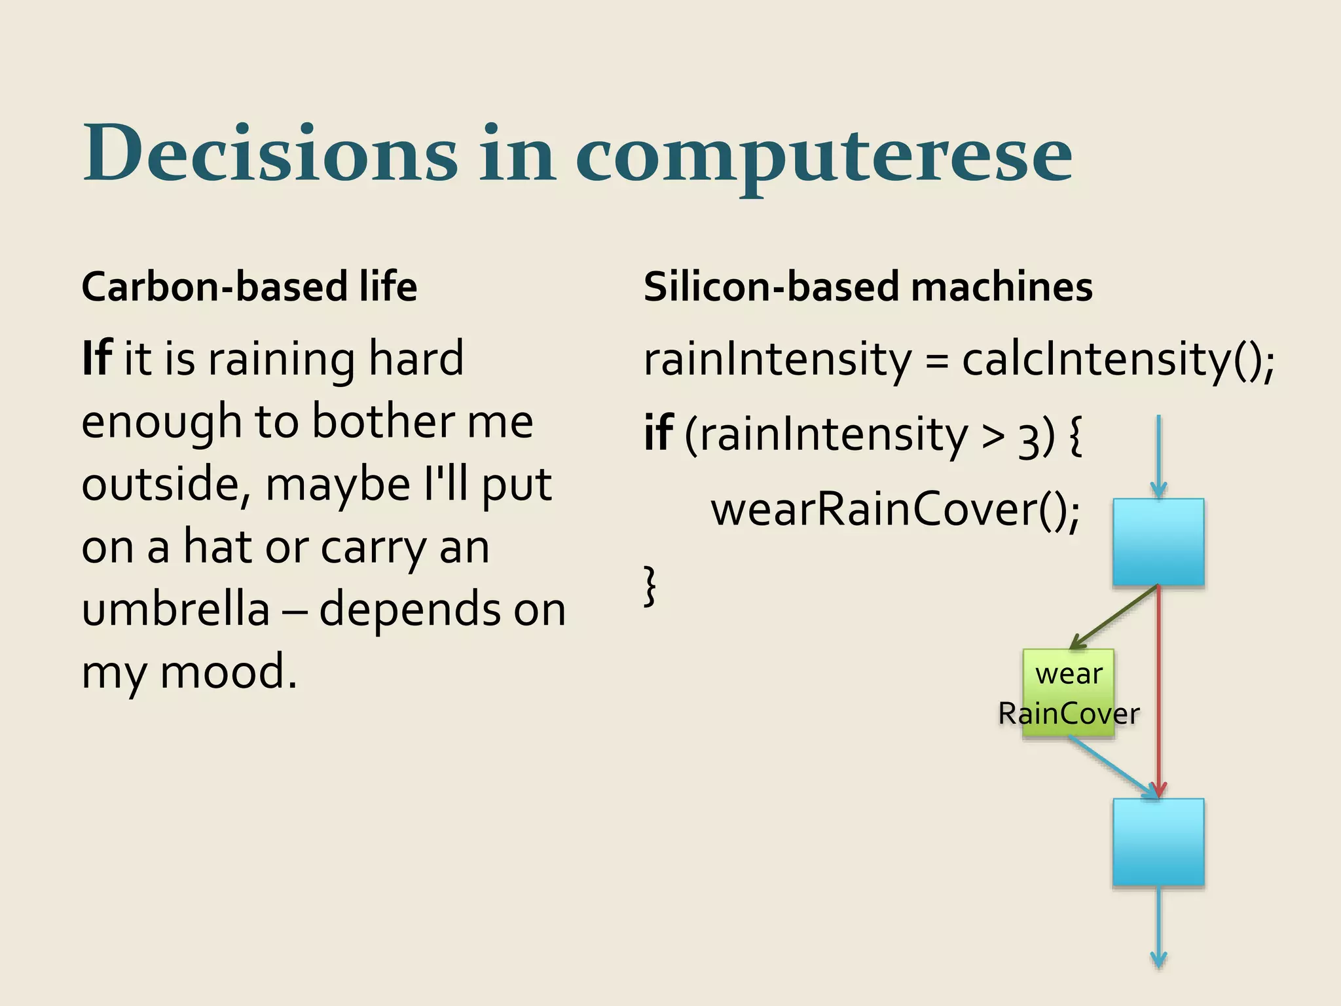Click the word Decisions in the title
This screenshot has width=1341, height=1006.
(x=270, y=154)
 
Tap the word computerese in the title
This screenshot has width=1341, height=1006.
(x=823, y=157)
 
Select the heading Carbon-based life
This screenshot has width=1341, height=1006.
(x=249, y=287)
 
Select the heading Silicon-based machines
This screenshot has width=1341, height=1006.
(x=868, y=287)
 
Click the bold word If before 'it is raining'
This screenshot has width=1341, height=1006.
(x=97, y=359)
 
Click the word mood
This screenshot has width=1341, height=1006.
(x=227, y=672)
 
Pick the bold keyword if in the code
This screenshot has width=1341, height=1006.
(x=657, y=434)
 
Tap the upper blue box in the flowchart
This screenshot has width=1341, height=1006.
(x=1158, y=542)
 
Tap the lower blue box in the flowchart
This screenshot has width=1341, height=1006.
(x=1158, y=842)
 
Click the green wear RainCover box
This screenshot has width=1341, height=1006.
(x=1068, y=693)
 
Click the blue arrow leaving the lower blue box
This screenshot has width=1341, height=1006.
(x=1158, y=927)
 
